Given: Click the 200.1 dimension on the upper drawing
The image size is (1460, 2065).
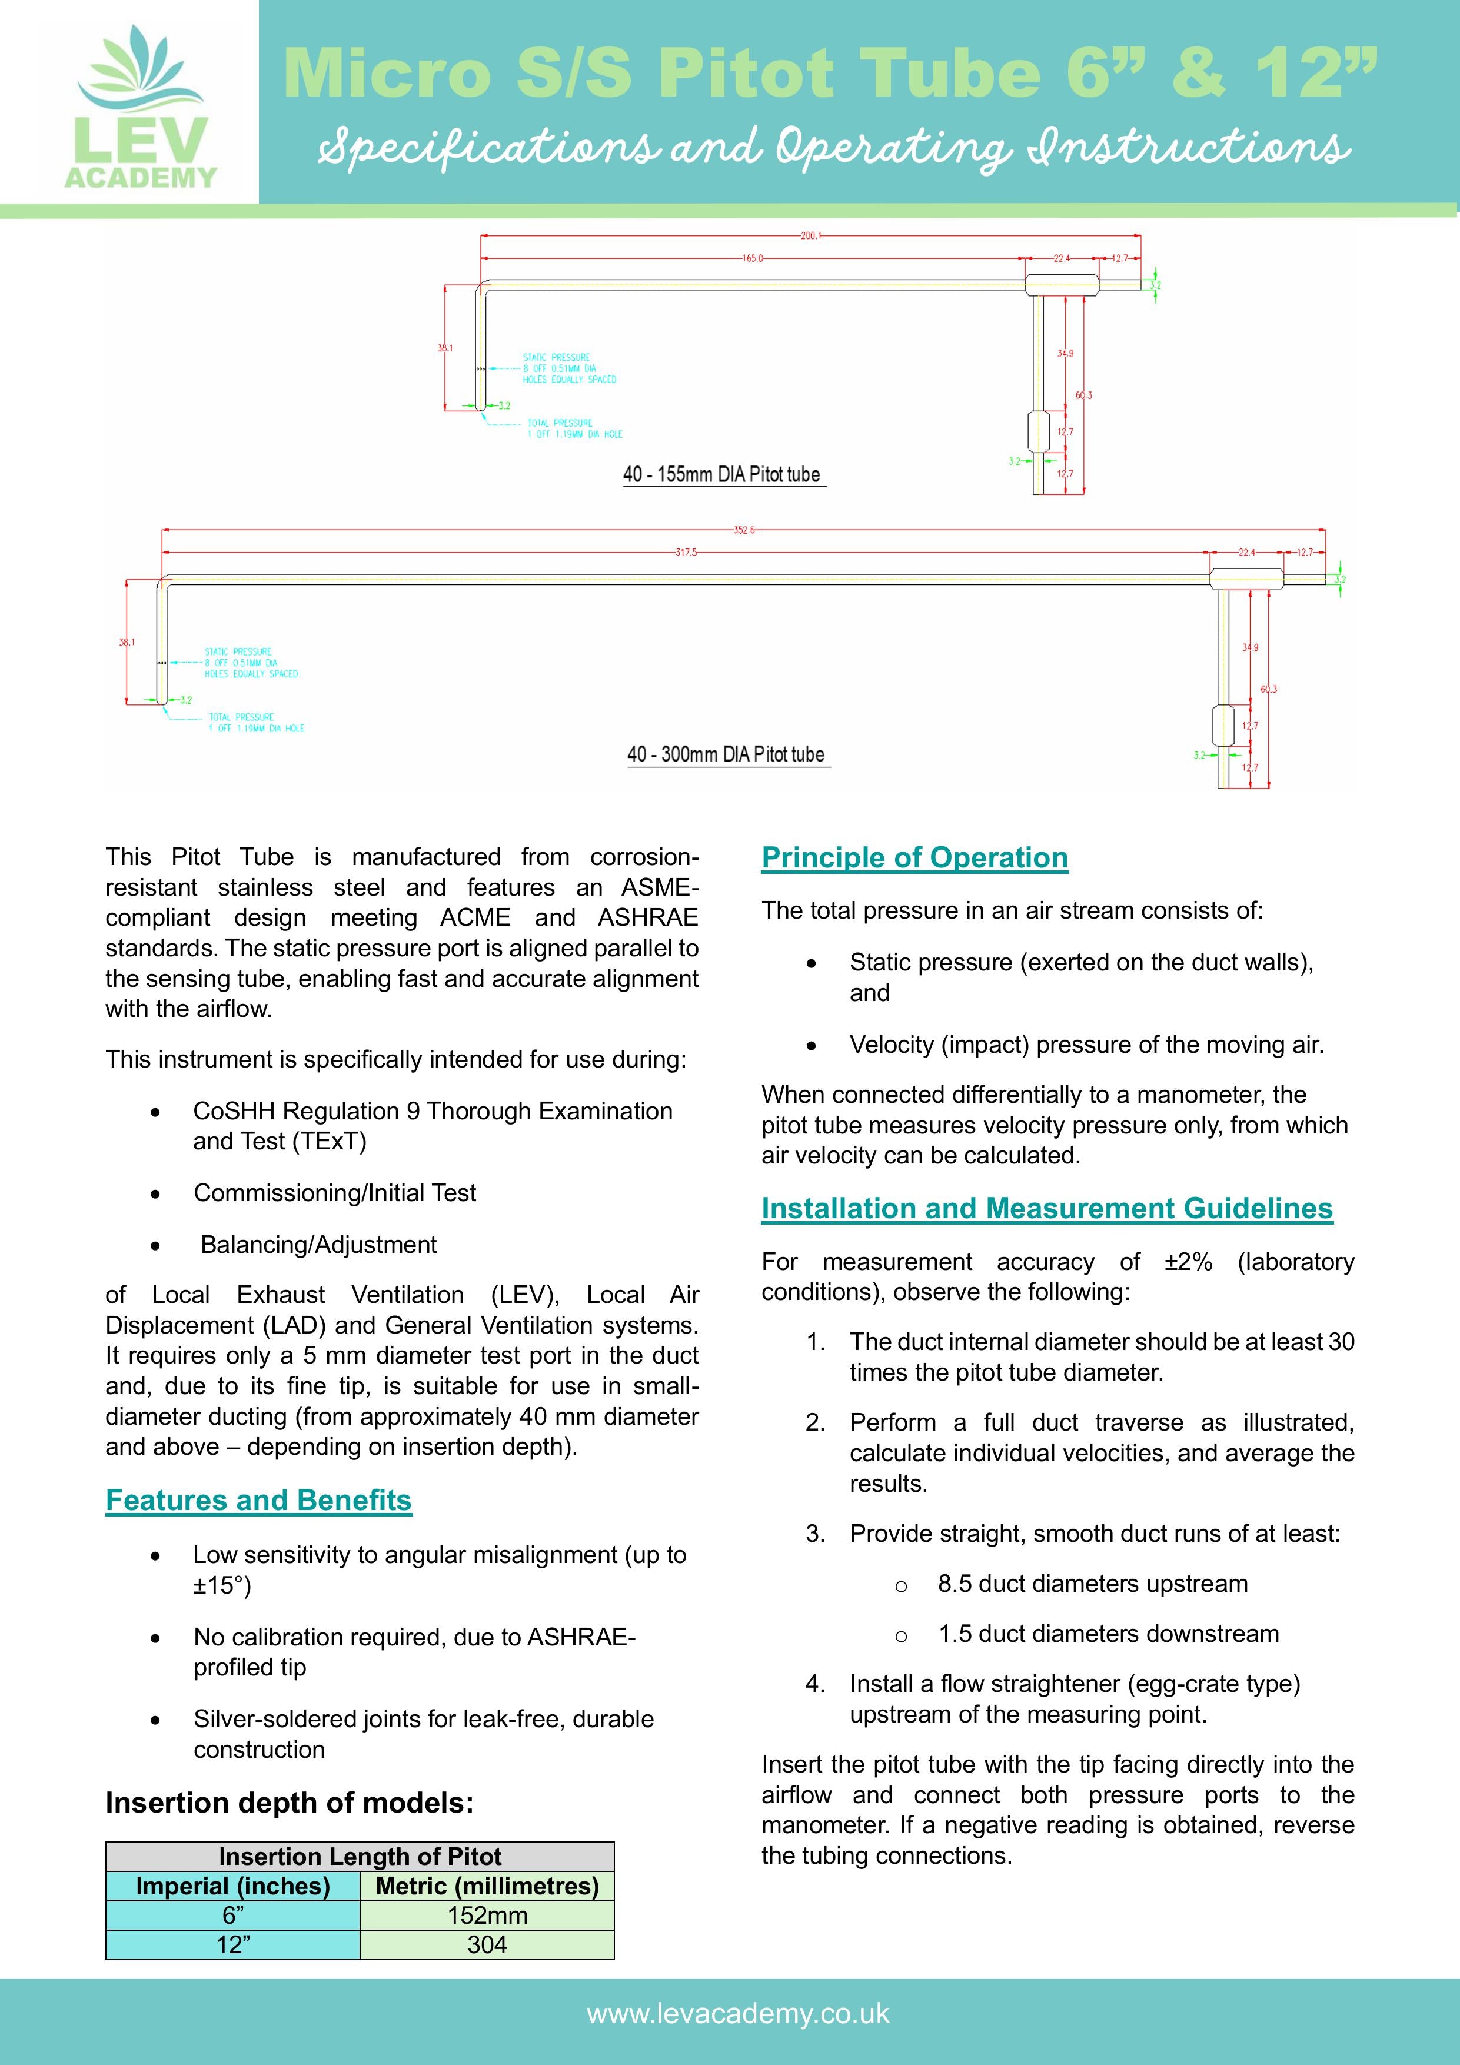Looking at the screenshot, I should [x=810, y=235].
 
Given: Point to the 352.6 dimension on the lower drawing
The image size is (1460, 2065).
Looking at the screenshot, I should [x=743, y=530].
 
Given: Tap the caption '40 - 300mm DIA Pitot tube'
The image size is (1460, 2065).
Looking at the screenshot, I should [x=726, y=754].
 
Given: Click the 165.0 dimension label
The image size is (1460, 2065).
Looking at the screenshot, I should [x=752, y=258].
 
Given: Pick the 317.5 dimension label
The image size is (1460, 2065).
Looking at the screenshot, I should [x=686, y=552].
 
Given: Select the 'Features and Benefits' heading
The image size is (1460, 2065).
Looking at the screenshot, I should [x=258, y=1500].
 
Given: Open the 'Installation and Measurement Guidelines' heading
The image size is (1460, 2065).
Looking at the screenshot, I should [x=1046, y=1208].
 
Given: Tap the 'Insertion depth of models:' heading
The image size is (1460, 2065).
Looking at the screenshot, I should [x=289, y=1803].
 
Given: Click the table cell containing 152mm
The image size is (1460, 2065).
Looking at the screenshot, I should [x=487, y=1915].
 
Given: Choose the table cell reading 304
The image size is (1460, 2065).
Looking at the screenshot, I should [x=487, y=1944].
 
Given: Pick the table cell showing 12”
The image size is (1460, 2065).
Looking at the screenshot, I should [x=233, y=1944].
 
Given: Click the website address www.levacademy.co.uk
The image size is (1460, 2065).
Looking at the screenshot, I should [x=737, y=2013].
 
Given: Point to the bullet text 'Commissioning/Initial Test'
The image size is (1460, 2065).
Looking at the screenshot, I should [x=335, y=1193].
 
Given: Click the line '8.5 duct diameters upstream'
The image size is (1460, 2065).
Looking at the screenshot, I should [x=1092, y=1583].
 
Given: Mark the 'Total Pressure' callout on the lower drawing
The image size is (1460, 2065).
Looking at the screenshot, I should [x=257, y=722].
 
